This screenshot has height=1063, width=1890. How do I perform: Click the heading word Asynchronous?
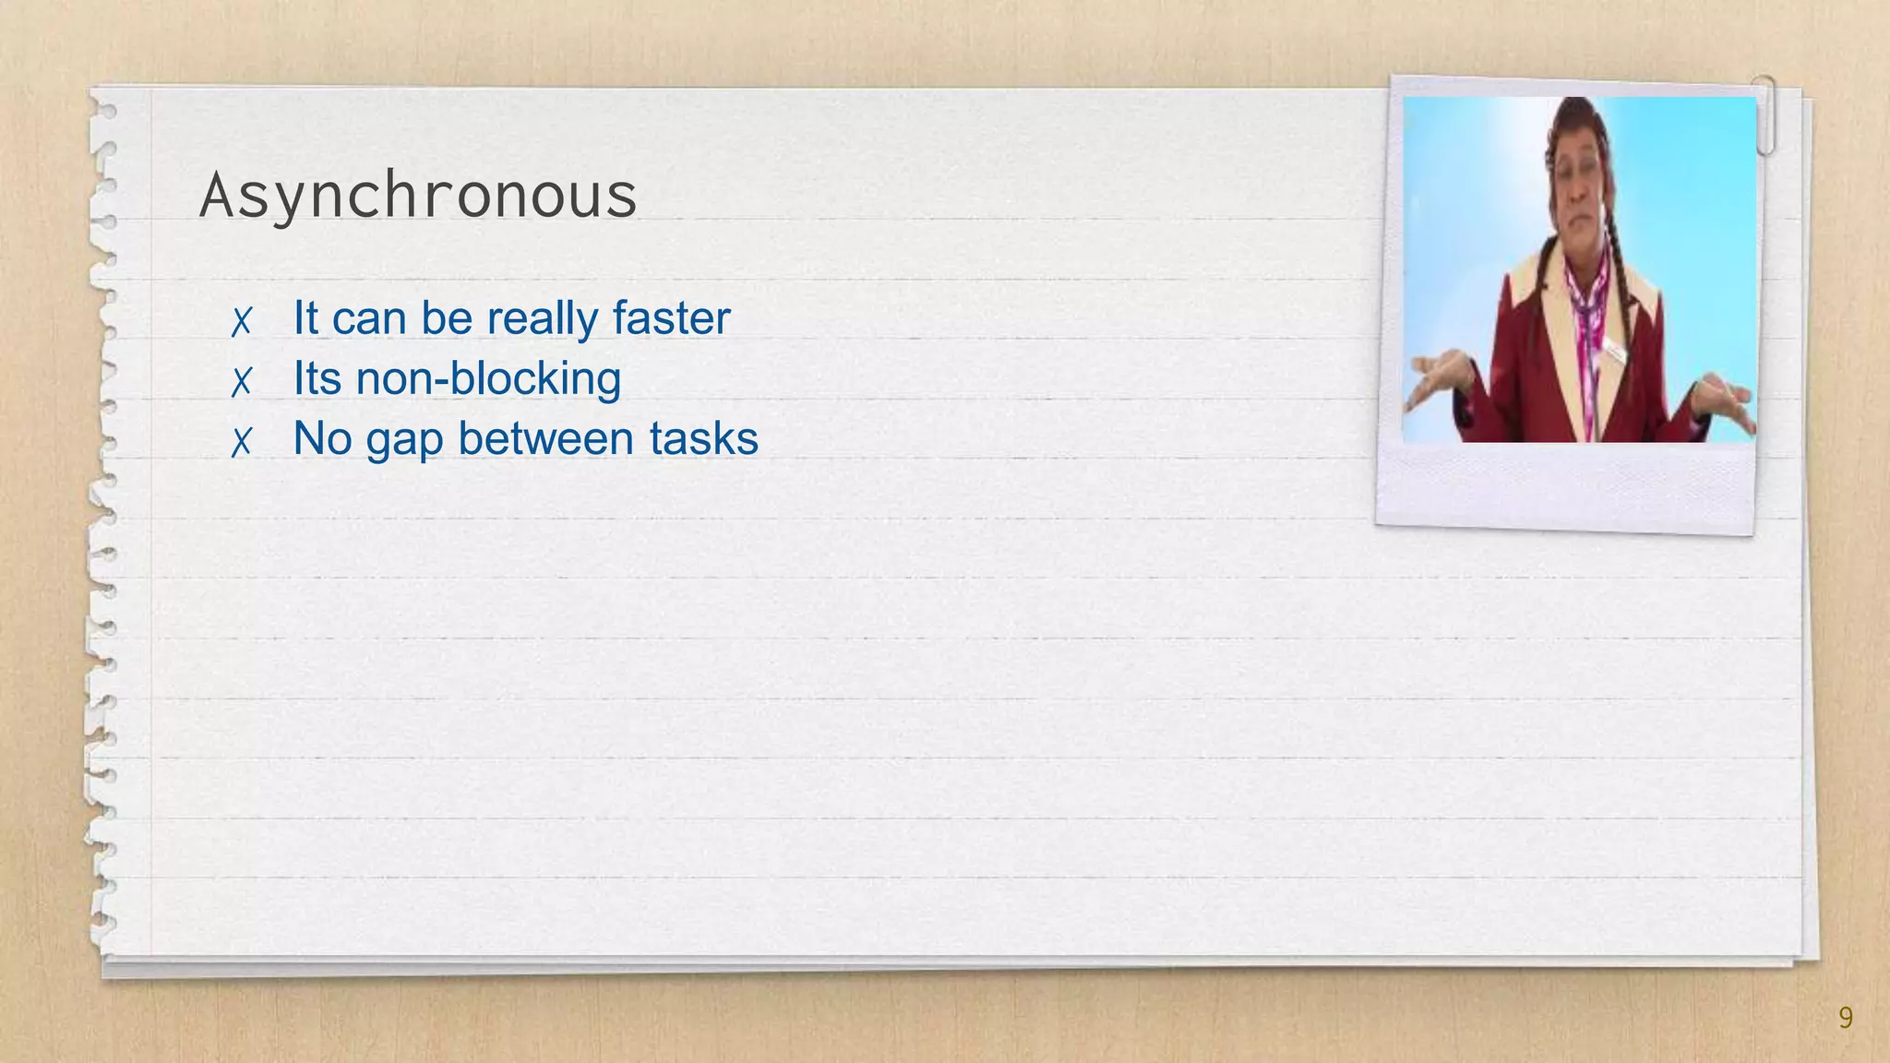418,197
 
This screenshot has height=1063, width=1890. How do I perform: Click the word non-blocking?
488,379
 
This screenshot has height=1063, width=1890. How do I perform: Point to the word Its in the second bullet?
317,378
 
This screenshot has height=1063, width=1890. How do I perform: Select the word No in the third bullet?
322,438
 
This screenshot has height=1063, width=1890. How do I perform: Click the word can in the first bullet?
369,319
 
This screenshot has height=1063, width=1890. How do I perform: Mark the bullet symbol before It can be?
242,321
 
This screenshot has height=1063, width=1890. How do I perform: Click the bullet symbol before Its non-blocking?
242,381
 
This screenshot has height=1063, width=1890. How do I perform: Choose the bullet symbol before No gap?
242,442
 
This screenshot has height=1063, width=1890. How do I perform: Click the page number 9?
1845,1018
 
